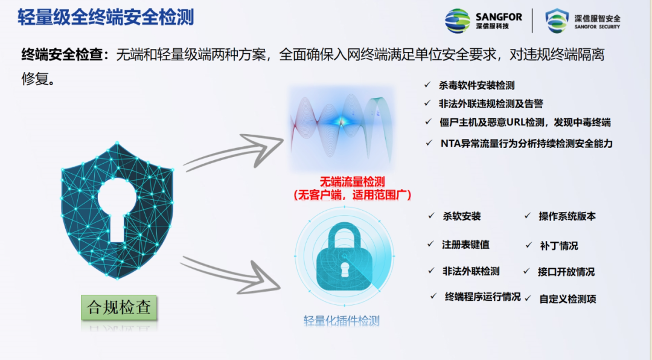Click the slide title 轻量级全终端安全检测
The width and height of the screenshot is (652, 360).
pos(106,17)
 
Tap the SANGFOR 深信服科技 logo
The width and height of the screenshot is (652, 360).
pos(484,21)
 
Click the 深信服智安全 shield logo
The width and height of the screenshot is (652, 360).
pos(583,21)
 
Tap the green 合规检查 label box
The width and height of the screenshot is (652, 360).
pos(119,306)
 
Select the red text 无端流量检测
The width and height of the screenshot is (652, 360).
pos(352,181)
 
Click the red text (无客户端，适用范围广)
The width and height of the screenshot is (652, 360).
pos(352,194)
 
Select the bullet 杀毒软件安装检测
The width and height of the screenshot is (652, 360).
pos(476,86)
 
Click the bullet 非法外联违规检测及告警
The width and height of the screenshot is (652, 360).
pos(494,104)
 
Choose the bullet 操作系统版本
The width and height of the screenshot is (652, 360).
pos(567,216)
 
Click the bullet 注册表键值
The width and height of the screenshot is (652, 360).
pos(465,245)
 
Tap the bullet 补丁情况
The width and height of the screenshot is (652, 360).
pos(559,246)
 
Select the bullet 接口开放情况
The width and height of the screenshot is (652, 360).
pos(566,272)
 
